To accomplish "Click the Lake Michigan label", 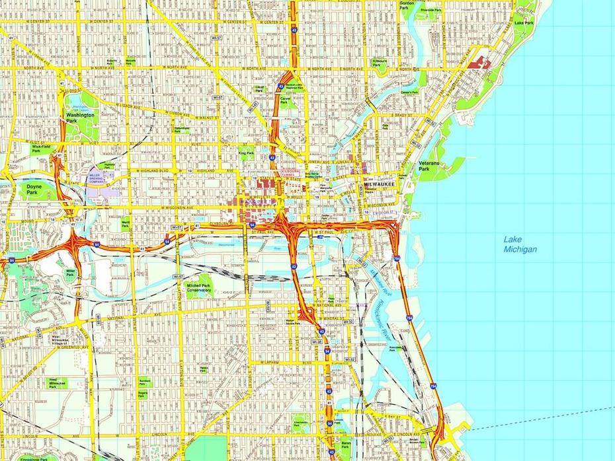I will click(x=519, y=244).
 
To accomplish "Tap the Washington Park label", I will click(x=80, y=118).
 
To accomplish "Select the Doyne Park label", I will click(x=34, y=190).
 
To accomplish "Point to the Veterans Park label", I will click(x=425, y=166).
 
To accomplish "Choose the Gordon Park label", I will click(x=407, y=5).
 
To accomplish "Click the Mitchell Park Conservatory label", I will click(x=198, y=288).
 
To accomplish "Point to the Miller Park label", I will click(x=71, y=273).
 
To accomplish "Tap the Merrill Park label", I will click(x=126, y=224).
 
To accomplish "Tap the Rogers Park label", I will click(x=142, y=394).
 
